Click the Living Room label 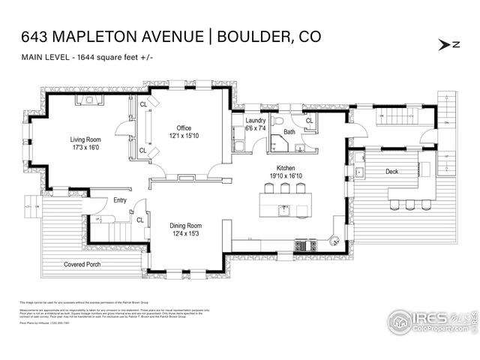[x=86, y=139]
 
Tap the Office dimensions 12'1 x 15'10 [x=184, y=136]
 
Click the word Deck [x=391, y=171]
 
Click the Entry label [x=120, y=199]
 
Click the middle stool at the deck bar [x=409, y=204]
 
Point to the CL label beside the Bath [x=309, y=120]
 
